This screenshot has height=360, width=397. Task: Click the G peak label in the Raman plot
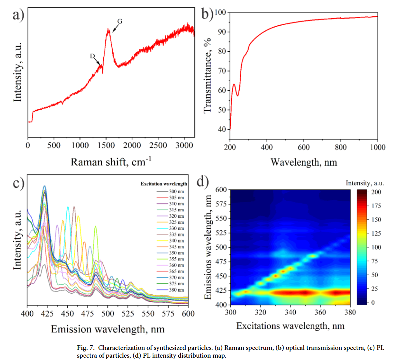[x=120, y=22]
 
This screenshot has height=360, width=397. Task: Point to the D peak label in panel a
[x=92, y=56]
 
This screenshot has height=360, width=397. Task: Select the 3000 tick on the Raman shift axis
[x=184, y=145]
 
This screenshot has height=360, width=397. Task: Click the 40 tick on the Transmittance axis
[x=222, y=129]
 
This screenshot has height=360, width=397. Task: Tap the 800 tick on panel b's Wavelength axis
[x=340, y=147]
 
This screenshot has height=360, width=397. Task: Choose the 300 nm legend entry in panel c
[x=177, y=192]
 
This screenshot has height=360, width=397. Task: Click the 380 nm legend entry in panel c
[x=177, y=290]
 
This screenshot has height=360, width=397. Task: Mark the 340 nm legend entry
[x=177, y=241]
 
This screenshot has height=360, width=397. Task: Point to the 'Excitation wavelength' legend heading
[x=163, y=183]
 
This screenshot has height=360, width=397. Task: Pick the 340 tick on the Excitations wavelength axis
[x=290, y=312]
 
